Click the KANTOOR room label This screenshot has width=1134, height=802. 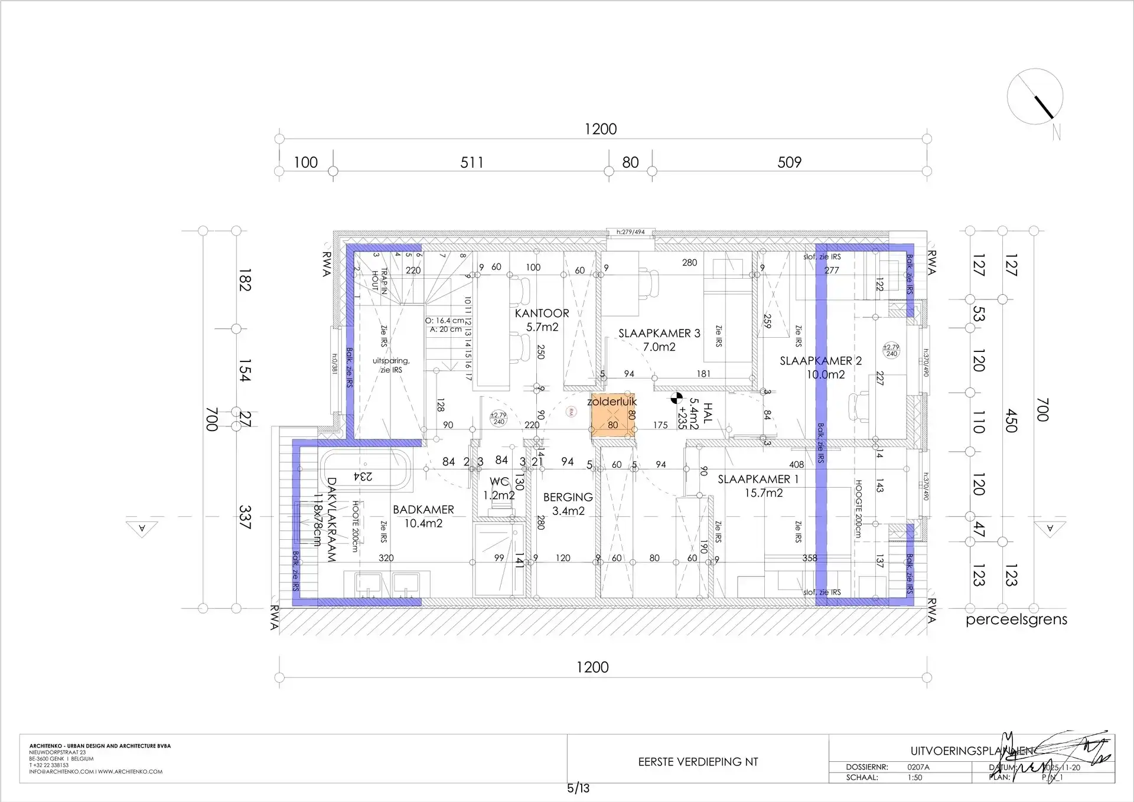(x=542, y=314)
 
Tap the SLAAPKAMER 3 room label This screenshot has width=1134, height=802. (x=659, y=334)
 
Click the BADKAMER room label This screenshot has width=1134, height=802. (x=423, y=510)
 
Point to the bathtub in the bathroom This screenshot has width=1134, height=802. (x=366, y=470)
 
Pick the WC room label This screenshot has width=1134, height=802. (x=499, y=482)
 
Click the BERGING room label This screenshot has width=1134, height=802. (x=568, y=498)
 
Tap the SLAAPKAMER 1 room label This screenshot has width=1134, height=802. (x=758, y=480)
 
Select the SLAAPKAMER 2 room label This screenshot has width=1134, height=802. (x=820, y=361)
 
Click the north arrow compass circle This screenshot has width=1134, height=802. (x=1035, y=97)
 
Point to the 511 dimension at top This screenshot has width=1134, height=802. (x=472, y=162)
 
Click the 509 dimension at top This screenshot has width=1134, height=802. (x=789, y=162)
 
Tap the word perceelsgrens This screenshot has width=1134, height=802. (x=1016, y=620)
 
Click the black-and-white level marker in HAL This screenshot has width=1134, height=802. (x=676, y=399)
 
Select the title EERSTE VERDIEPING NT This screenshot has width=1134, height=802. (x=698, y=762)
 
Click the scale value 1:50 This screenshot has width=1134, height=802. (x=915, y=777)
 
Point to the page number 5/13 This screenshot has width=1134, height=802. (x=578, y=788)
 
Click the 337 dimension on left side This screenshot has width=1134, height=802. (x=245, y=517)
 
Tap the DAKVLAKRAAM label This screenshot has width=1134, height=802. (x=331, y=520)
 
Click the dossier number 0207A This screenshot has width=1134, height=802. (x=918, y=767)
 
